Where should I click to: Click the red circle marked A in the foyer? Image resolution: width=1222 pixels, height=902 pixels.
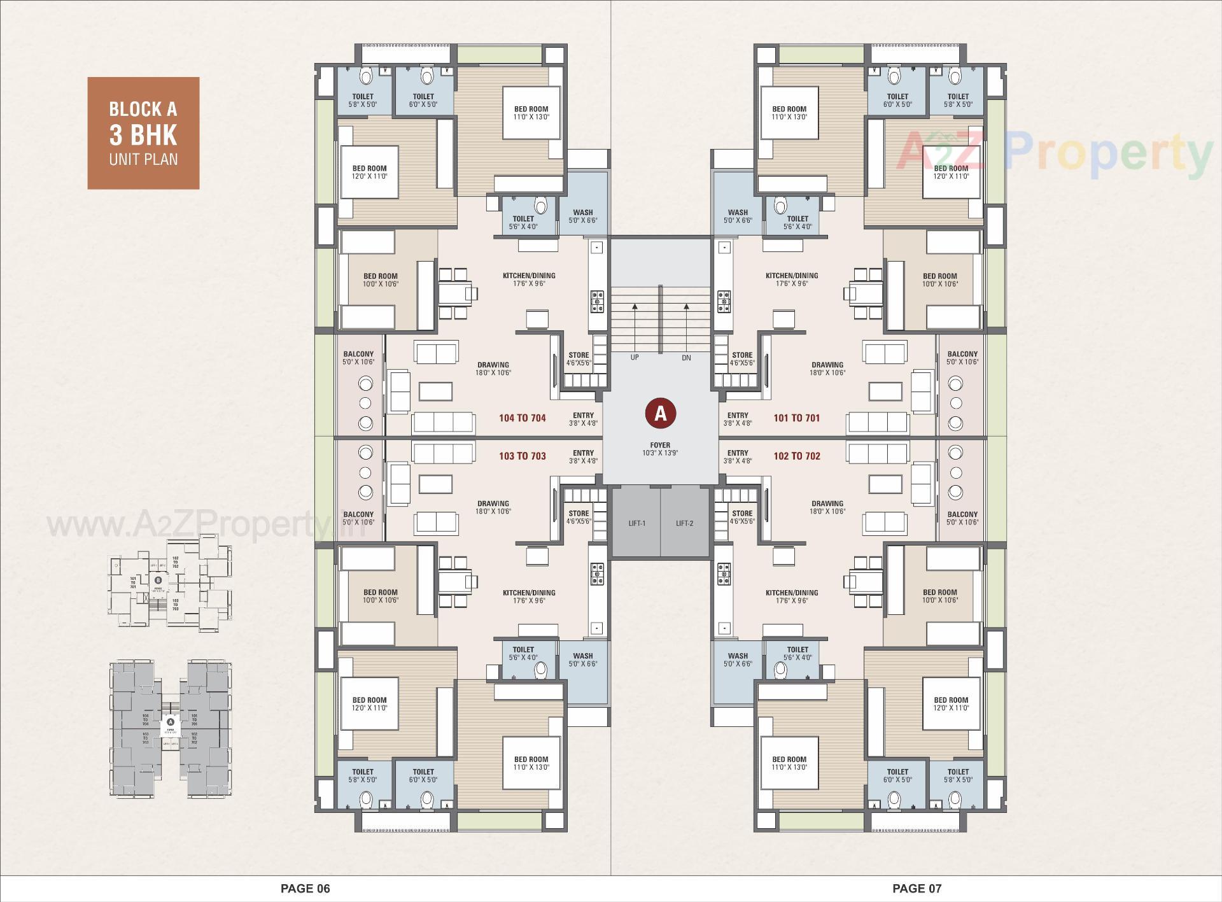coord(660,414)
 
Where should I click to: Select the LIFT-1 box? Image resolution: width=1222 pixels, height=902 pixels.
coord(636,523)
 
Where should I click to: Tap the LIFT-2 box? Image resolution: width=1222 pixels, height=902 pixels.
coord(684,523)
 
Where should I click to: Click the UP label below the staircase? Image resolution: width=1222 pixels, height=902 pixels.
coord(635,358)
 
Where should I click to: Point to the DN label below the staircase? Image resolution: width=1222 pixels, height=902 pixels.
coord(686,358)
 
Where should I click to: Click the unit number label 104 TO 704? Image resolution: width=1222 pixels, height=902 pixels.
coord(522,418)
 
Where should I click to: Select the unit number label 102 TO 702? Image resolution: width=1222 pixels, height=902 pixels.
coord(796,456)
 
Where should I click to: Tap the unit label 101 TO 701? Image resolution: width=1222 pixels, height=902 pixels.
coord(796,418)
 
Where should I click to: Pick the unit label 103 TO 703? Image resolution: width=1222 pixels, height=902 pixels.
coord(522,456)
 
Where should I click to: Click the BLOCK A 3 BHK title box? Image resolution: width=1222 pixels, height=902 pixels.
coord(143,133)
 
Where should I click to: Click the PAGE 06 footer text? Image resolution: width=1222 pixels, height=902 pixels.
coord(305,888)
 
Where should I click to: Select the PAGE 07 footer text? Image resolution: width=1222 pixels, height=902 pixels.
coord(916,888)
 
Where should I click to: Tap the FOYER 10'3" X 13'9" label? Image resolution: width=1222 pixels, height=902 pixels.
coord(660,449)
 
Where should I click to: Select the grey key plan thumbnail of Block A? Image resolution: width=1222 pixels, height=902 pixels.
coord(171,728)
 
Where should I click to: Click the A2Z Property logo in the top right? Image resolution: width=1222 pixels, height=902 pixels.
coord(1053,153)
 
